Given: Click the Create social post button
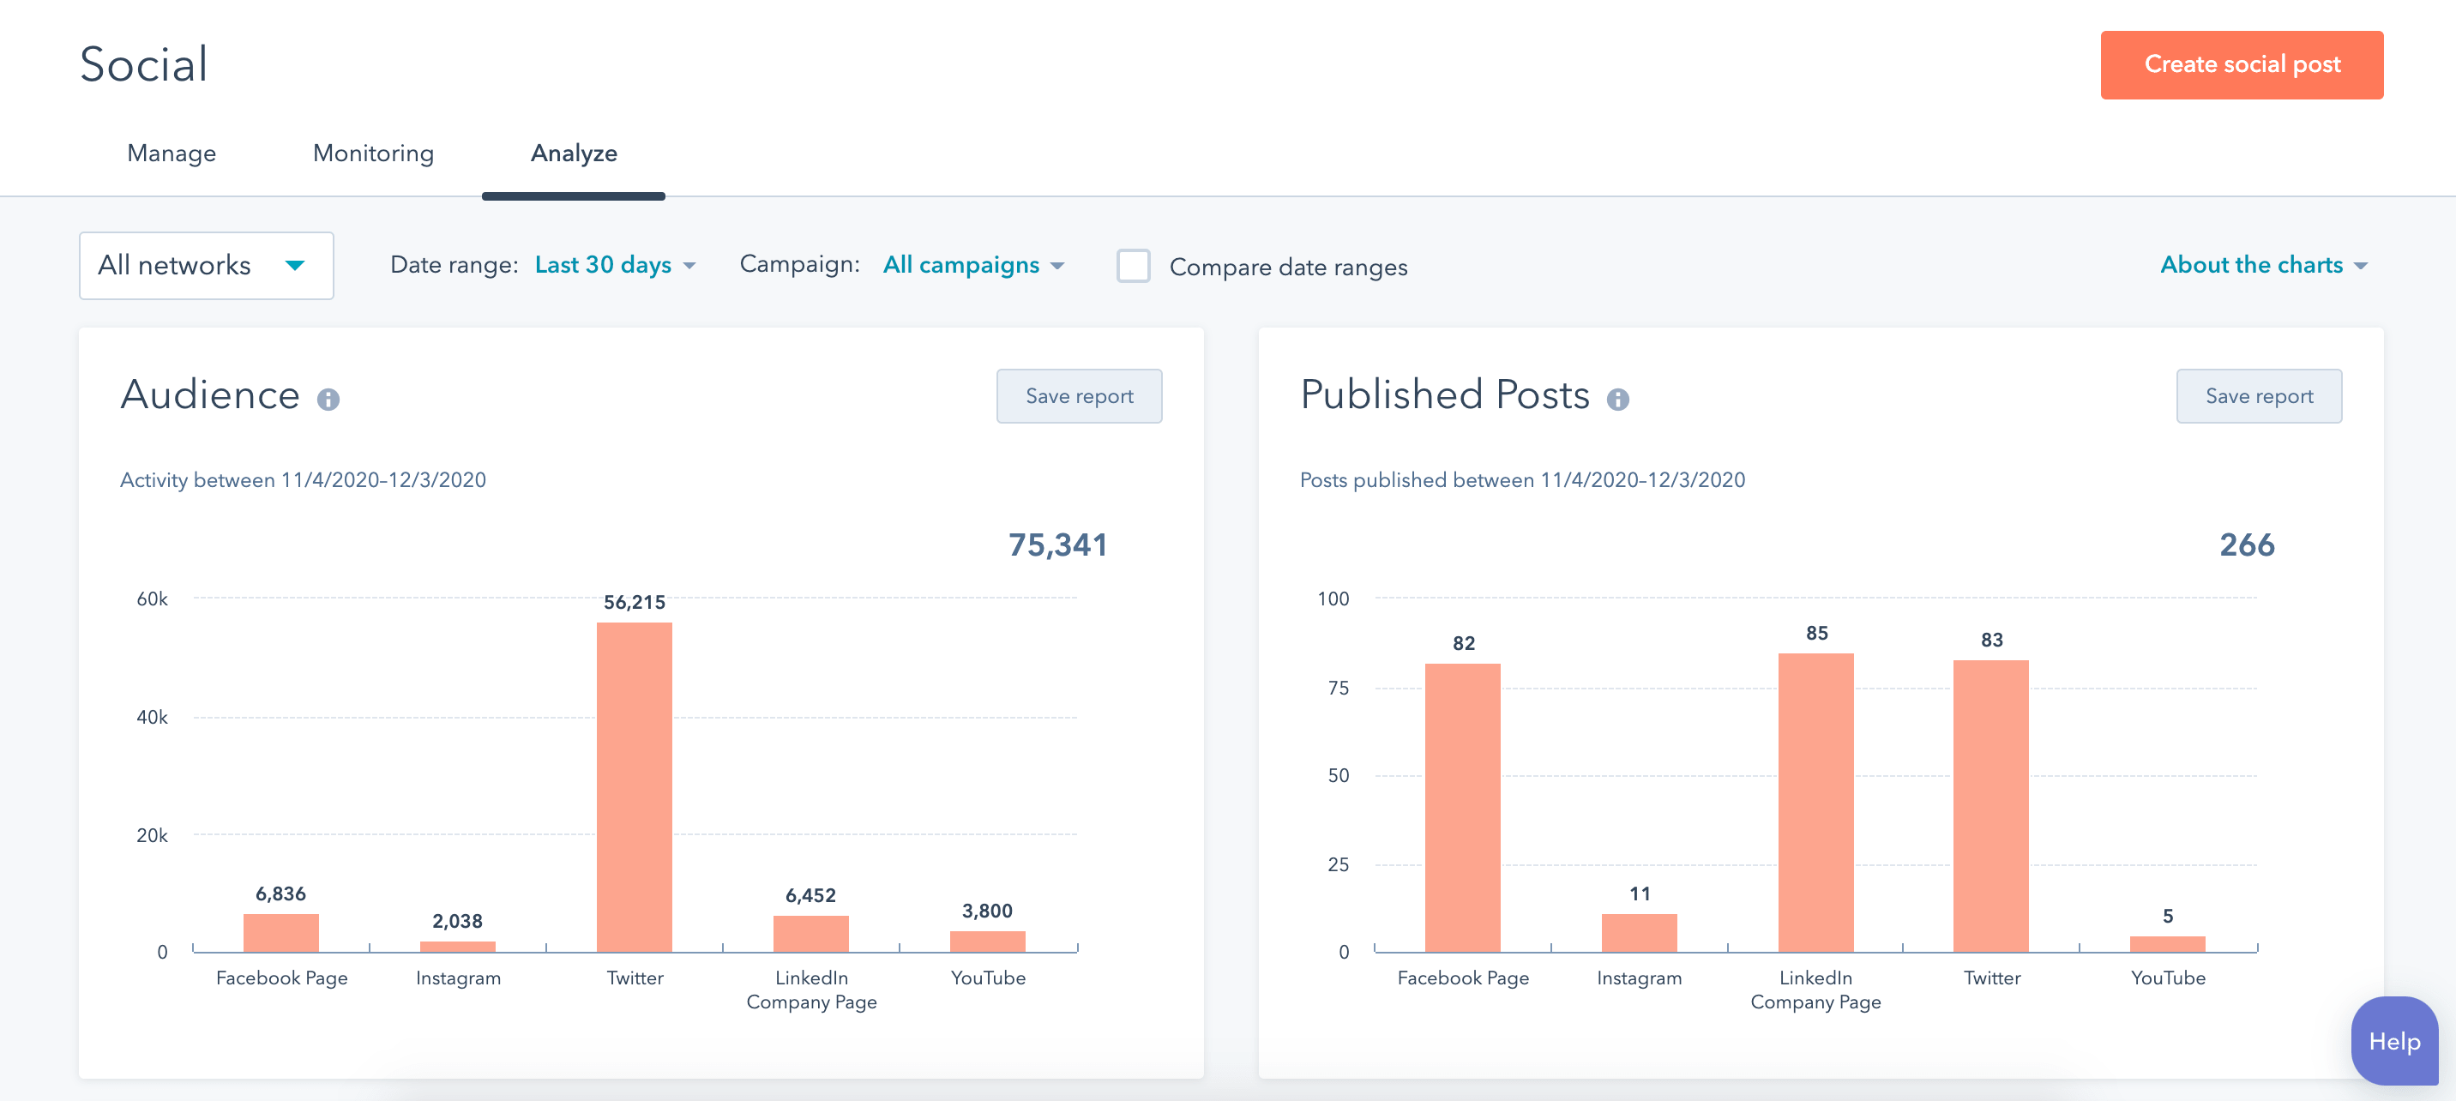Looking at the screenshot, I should pyautogui.click(x=2241, y=65).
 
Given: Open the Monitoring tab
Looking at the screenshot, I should pyautogui.click(x=373, y=153).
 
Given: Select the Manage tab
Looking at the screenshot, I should pyautogui.click(x=172, y=153).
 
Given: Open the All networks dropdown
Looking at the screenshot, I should pyautogui.click(x=206, y=266).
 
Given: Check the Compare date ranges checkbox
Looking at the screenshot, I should pyautogui.click(x=1133, y=266).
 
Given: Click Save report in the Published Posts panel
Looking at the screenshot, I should pyautogui.click(x=2258, y=396).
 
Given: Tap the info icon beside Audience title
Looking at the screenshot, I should pyautogui.click(x=328, y=400).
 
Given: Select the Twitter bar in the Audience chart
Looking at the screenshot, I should pyautogui.click(x=634, y=786).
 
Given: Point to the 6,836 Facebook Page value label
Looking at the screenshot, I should pyautogui.click(x=280, y=894).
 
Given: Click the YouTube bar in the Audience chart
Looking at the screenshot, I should pyautogui.click(x=987, y=941).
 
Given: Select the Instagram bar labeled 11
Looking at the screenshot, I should pyautogui.click(x=1638, y=932).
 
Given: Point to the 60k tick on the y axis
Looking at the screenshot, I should pyautogui.click(x=152, y=599).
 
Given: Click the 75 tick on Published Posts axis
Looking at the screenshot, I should pyautogui.click(x=1338, y=688).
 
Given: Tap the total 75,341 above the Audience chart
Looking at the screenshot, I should pyautogui.click(x=1057, y=544).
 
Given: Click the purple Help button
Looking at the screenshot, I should pyautogui.click(x=2393, y=1041).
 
